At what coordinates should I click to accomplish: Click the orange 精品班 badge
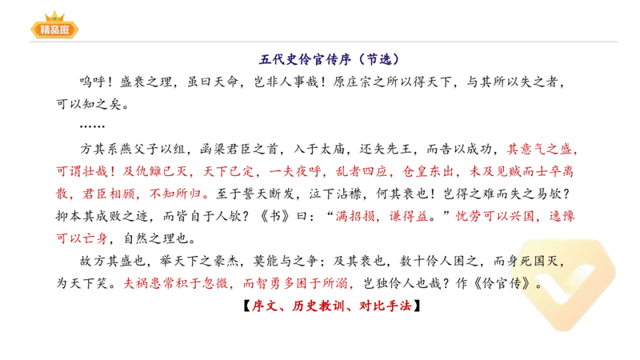coord(54,30)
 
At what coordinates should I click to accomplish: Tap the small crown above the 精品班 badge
coord(54,14)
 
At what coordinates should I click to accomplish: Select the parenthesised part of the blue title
coord(378,59)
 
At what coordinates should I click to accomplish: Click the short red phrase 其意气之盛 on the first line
coord(542,150)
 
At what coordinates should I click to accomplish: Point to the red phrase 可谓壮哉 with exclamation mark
coord(85,171)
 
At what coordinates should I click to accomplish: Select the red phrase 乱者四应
coord(352,171)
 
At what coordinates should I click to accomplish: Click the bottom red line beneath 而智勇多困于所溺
coord(332,306)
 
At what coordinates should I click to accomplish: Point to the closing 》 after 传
coord(537,283)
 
